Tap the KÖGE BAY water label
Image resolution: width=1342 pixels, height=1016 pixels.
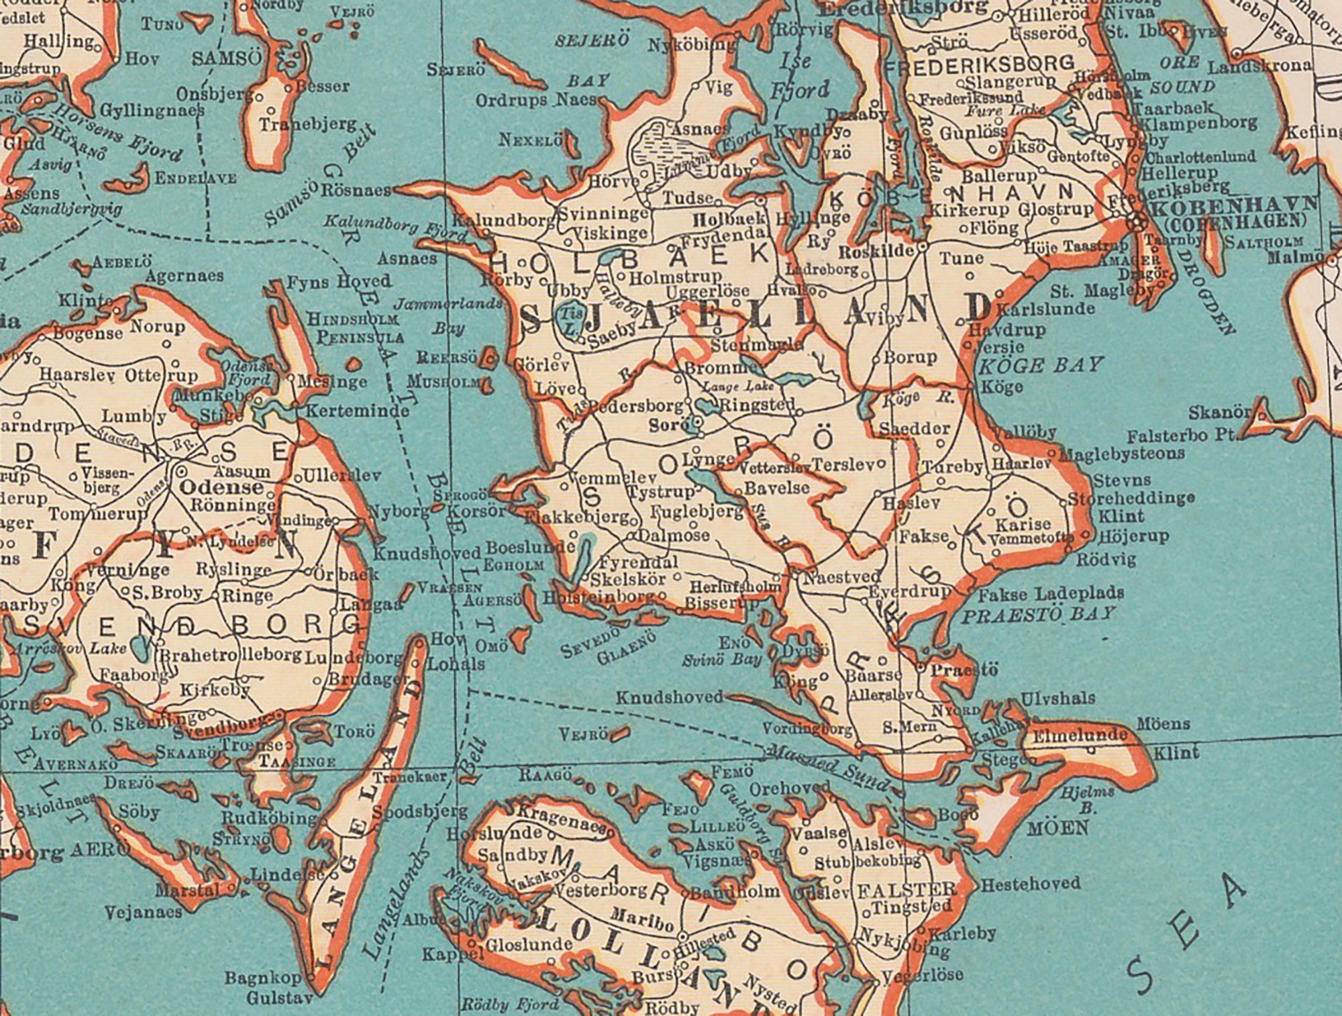point(1041,366)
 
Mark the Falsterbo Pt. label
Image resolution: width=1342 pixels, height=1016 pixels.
point(1182,436)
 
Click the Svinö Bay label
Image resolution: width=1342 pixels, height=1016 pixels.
point(721,660)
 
